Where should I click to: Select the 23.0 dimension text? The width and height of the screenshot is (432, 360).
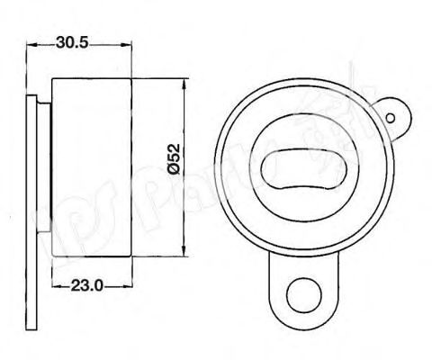[88, 287]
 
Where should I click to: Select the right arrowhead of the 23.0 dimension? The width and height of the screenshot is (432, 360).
[130, 287]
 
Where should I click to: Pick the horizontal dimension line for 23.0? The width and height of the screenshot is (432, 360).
[117, 287]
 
